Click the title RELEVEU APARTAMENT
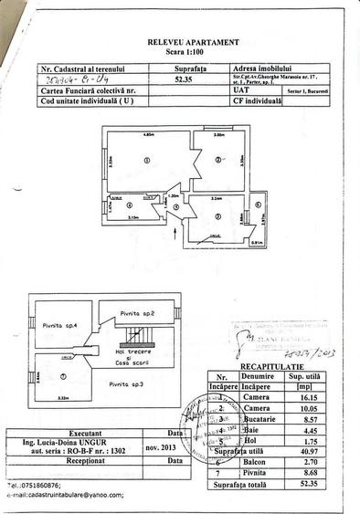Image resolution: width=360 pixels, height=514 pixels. click(x=193, y=42)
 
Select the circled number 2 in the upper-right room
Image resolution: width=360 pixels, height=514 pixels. click(x=217, y=160)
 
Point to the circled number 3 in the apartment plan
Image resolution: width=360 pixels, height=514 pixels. click(x=219, y=215)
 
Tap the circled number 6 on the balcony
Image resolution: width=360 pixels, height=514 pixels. click(x=259, y=205)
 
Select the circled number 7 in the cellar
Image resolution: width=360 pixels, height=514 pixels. click(x=62, y=375)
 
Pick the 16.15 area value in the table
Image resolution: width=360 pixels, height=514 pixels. click(x=317, y=395)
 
